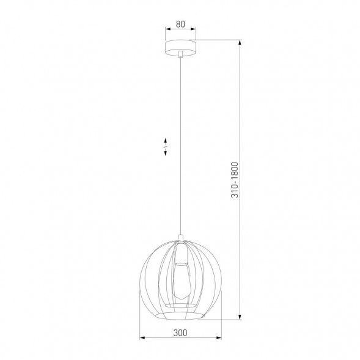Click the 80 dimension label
180,24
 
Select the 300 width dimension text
180,333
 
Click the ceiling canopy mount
180,47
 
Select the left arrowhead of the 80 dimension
167,30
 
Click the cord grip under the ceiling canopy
180,56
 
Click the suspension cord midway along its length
180,147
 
